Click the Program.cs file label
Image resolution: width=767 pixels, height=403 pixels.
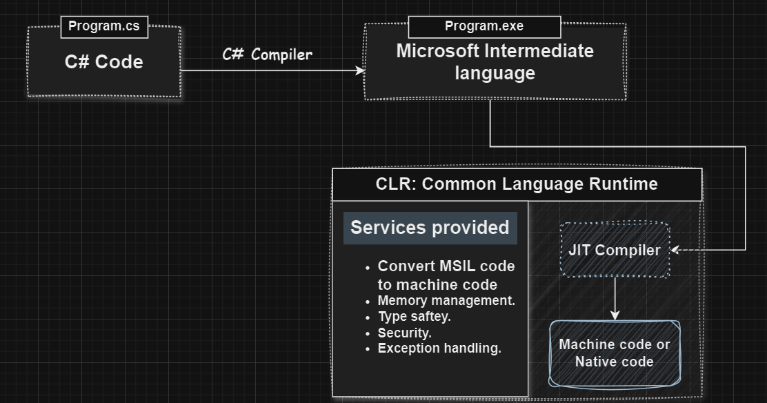104,27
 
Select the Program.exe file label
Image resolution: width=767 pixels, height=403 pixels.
484,26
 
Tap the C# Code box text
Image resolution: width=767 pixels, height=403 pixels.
104,62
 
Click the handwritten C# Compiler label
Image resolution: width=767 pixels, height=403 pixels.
267,55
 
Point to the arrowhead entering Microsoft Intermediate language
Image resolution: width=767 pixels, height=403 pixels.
360,70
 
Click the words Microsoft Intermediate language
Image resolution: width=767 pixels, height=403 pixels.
495,62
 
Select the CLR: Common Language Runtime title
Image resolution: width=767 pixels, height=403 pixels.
517,184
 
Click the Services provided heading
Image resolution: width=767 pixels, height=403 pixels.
430,228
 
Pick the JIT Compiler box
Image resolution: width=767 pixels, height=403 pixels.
614,250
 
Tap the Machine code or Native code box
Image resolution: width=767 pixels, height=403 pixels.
614,353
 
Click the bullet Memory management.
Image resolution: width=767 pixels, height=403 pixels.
446,301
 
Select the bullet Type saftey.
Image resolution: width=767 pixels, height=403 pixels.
414,317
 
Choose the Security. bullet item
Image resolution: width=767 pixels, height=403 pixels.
404,333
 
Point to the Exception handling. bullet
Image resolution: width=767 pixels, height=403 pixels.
439,348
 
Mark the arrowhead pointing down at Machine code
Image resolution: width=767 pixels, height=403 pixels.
615,315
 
